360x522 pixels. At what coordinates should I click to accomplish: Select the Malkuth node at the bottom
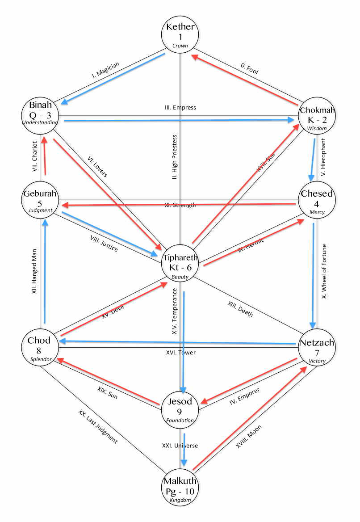[x=180, y=490]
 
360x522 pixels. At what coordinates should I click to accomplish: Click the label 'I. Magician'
[x=106, y=71]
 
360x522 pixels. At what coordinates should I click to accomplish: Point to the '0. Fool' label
[x=250, y=68]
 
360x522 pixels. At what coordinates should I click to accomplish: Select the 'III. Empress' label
[x=180, y=108]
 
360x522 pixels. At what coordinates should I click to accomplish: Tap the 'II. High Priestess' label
[x=176, y=157]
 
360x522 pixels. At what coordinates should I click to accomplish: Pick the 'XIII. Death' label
[x=240, y=309]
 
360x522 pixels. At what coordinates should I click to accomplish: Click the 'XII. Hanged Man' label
[x=34, y=270]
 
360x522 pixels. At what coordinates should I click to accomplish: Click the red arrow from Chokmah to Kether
[x=246, y=77]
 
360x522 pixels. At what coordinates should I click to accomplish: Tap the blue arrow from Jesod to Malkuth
[x=184, y=449]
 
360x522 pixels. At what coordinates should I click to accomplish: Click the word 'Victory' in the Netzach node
[x=317, y=361]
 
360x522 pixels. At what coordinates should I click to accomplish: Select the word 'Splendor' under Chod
[x=41, y=359]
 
